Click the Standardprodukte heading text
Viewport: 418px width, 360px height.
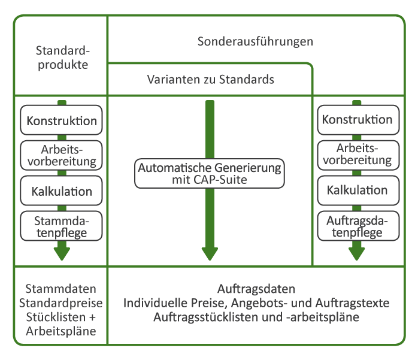pyautogui.click(x=63, y=58)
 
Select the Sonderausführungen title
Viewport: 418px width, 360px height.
pyautogui.click(x=255, y=41)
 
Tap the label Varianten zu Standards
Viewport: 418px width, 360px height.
pyautogui.click(x=210, y=80)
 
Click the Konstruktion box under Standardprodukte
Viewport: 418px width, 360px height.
pyautogui.click(x=61, y=120)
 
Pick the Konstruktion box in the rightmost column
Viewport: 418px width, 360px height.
pyautogui.click(x=358, y=120)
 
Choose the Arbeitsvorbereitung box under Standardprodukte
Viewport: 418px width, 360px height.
pyautogui.click(x=61, y=155)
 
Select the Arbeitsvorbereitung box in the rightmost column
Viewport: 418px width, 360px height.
pyautogui.click(x=358, y=155)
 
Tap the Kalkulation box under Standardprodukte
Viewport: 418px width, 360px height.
pyautogui.click(x=61, y=190)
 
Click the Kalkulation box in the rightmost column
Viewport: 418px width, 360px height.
pyautogui.click(x=358, y=190)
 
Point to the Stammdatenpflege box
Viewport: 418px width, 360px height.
pyautogui.click(x=61, y=226)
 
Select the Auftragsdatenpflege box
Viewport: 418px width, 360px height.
pyautogui.click(x=358, y=226)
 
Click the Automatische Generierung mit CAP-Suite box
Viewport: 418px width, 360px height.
pyautogui.click(x=210, y=173)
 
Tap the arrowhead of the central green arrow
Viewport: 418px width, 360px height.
pyautogui.click(x=210, y=253)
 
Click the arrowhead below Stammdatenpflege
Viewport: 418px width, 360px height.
pyautogui.click(x=62, y=253)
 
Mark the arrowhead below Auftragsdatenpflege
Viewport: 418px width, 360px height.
pyautogui.click(x=357, y=253)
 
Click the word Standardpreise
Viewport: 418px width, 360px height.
pyautogui.click(x=60, y=303)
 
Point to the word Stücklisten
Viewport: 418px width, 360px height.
pyautogui.click(x=56, y=317)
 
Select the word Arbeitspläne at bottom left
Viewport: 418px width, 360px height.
pyautogui.click(x=61, y=331)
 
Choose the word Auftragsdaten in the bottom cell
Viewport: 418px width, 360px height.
pyautogui.click(x=256, y=289)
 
